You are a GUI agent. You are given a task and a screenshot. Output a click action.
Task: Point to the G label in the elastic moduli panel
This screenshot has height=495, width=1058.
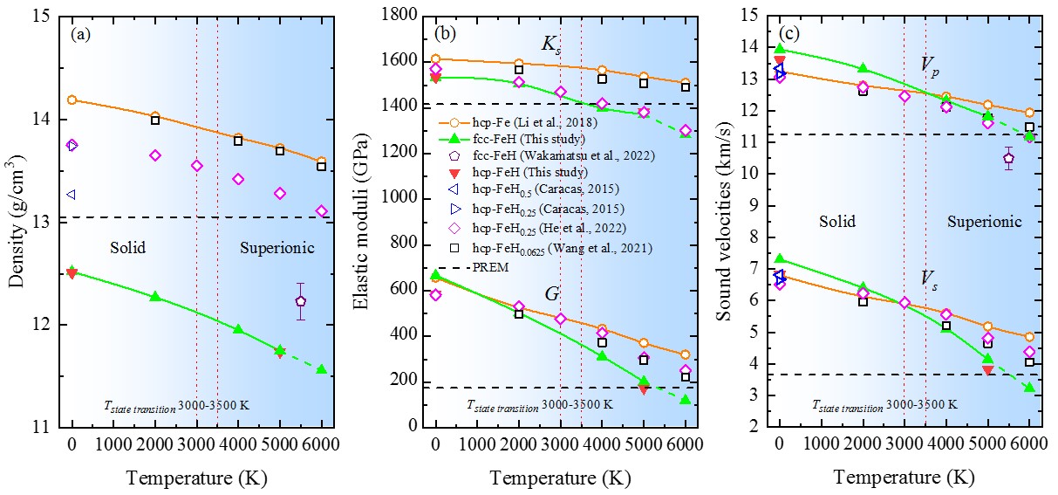coord(551,295)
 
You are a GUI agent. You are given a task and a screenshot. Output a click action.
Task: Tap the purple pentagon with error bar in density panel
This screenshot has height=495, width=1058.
coord(300,301)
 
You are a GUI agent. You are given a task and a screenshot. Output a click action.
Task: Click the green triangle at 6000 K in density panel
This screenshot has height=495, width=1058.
coord(321,369)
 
